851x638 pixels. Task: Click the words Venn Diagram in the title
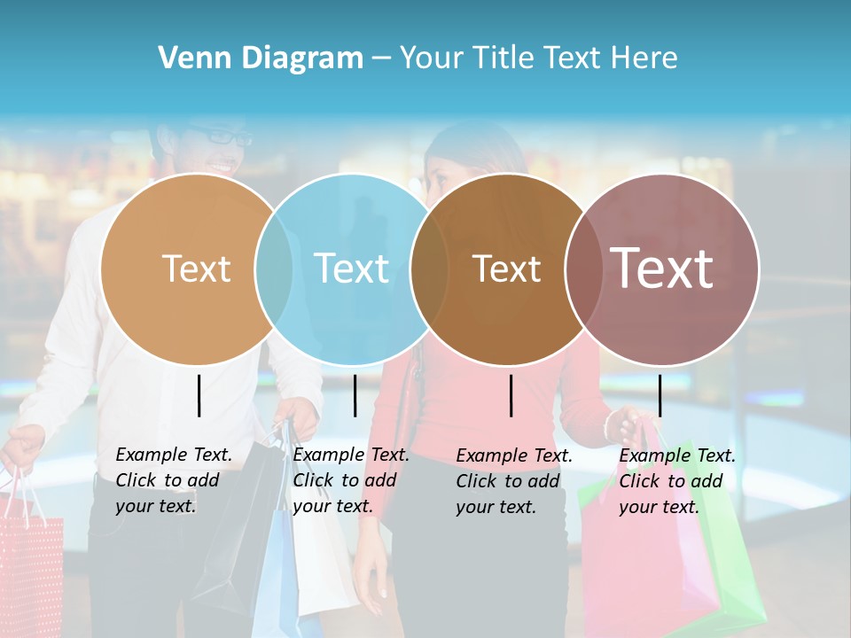coord(261,58)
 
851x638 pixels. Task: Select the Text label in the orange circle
coord(196,268)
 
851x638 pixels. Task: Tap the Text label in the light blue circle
coord(351,268)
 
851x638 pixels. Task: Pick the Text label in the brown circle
coord(506,268)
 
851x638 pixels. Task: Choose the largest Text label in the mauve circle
coord(661,268)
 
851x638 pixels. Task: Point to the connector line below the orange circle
coord(199,395)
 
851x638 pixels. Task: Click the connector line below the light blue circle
coord(355,395)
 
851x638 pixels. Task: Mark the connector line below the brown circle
coord(511,395)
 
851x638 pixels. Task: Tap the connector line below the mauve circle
coord(660,395)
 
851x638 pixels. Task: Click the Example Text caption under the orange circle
coord(173,480)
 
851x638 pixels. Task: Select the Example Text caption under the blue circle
coord(350,480)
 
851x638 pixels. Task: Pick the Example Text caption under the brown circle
coord(513,481)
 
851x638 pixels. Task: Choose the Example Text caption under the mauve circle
coord(676,481)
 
